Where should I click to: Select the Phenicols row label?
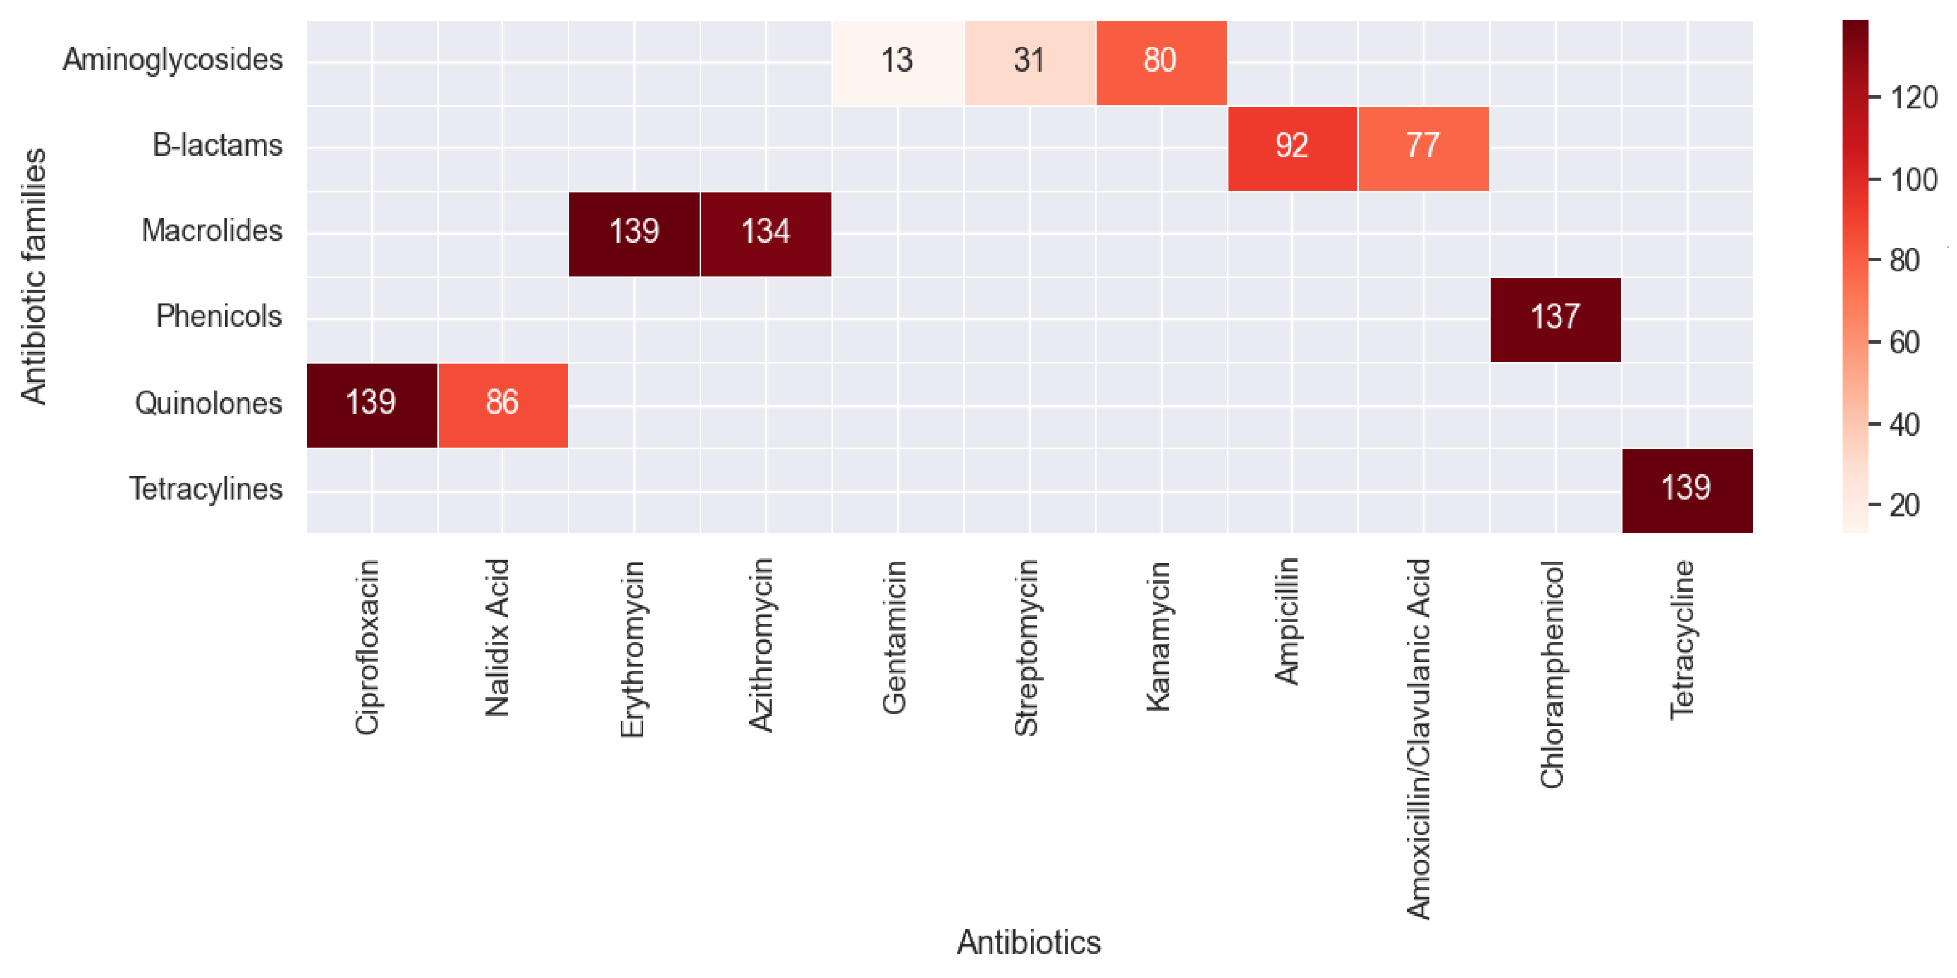tap(219, 317)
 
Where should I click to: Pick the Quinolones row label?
tap(208, 403)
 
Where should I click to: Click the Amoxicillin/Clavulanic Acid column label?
tap(1419, 739)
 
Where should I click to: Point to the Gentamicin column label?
tap(895, 637)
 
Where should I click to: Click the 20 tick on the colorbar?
tap(1904, 505)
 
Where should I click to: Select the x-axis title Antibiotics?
tap(1028, 942)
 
